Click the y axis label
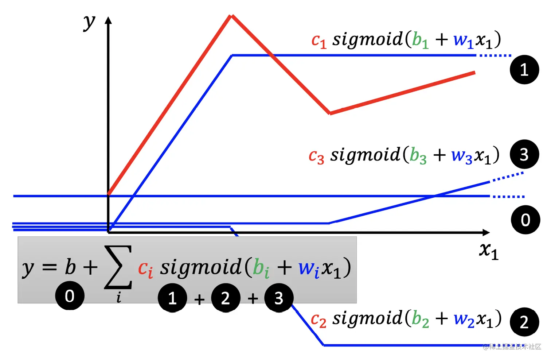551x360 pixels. tap(89, 23)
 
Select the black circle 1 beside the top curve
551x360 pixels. tap(524, 70)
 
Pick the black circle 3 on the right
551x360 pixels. tap(524, 154)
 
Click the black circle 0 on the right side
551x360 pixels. tap(525, 220)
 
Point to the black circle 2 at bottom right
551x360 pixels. tap(524, 322)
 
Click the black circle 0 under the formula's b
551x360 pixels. tap(70, 295)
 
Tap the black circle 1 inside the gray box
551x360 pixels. tap(172, 298)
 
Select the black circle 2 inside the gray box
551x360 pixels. tap(226, 298)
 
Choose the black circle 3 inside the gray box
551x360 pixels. tap(279, 298)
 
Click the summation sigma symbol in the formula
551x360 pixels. tap(118, 267)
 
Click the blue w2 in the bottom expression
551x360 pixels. tap(464, 320)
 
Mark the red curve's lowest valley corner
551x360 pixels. tap(330, 113)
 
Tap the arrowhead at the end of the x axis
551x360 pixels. tap(486, 232)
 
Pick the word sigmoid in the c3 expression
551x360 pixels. tap(365, 155)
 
